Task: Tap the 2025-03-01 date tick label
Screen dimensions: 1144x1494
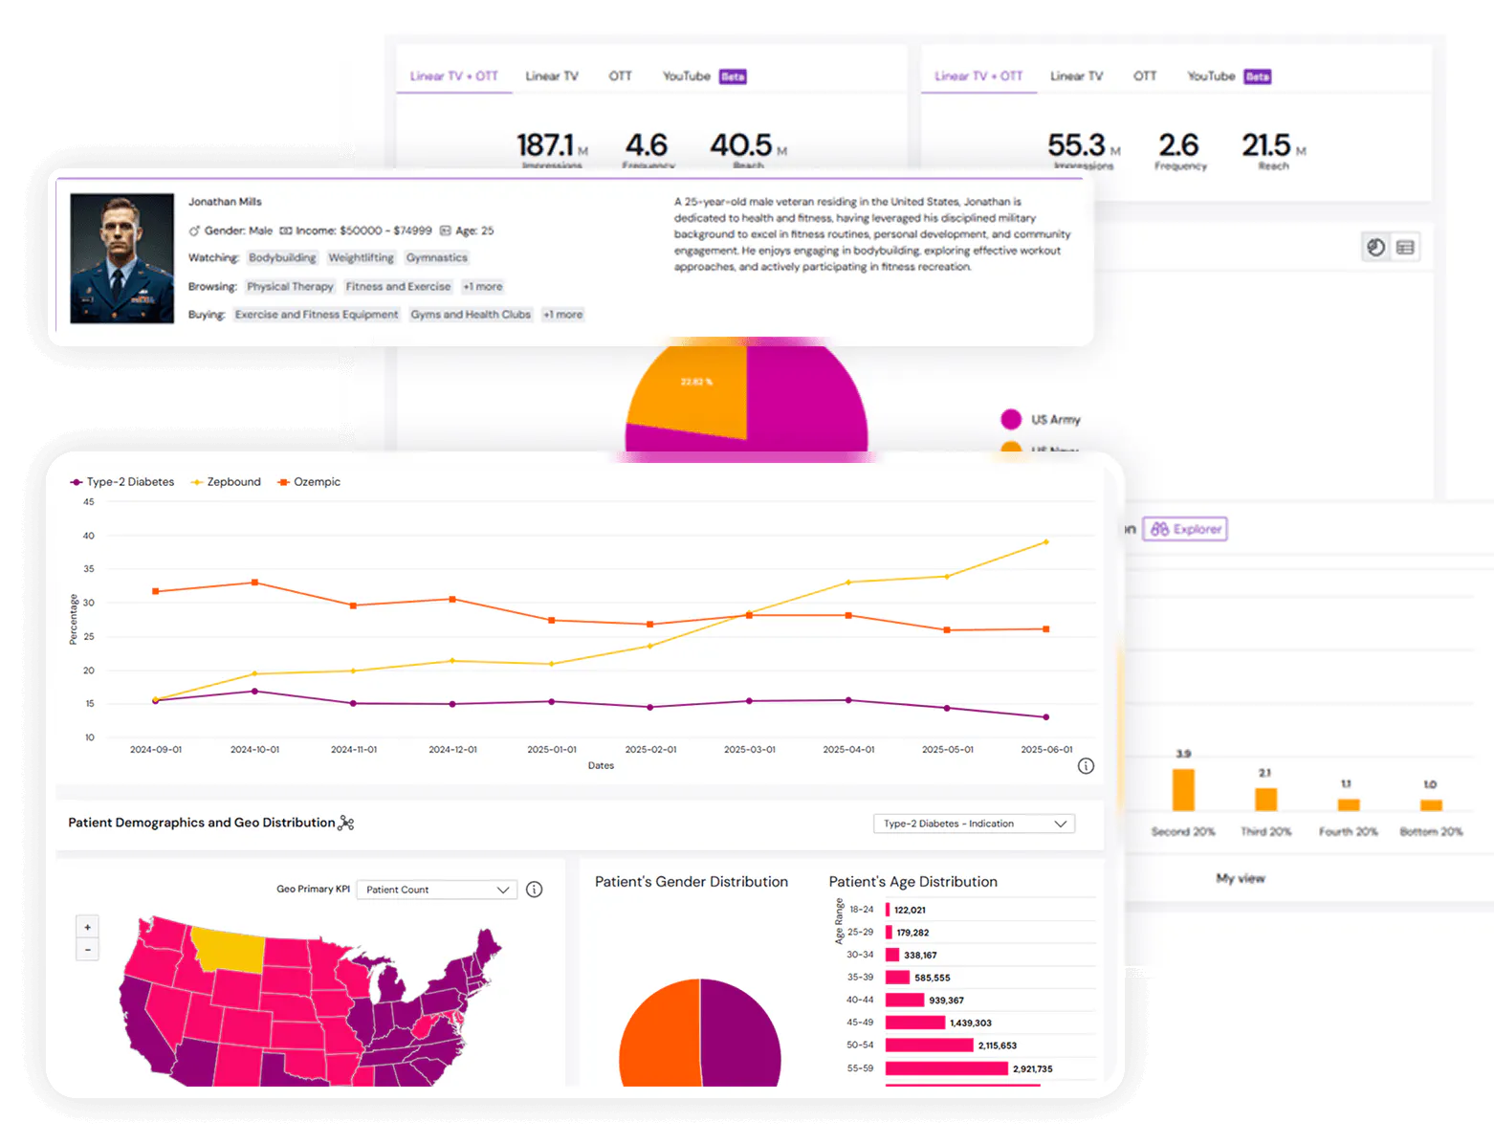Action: click(x=749, y=750)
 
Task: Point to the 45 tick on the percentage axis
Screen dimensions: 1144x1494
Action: click(x=89, y=502)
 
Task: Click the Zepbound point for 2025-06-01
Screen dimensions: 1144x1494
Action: click(x=1045, y=542)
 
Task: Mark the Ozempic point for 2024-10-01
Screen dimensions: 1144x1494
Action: click(x=254, y=583)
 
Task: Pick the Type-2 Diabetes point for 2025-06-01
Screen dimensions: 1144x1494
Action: click(x=1045, y=717)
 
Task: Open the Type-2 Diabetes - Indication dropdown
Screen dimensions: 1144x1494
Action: click(x=974, y=824)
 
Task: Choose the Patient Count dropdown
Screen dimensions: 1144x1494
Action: click(x=436, y=890)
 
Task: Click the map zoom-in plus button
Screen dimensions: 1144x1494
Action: click(x=88, y=927)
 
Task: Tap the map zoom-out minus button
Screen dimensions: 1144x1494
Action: click(x=88, y=950)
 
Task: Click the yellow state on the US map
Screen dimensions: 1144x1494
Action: click(x=227, y=947)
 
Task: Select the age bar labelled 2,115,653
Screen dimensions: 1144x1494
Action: click(x=929, y=1045)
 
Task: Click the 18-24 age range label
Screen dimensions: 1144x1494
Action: click(x=861, y=910)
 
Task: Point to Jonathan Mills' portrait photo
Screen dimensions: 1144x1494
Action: click(x=122, y=258)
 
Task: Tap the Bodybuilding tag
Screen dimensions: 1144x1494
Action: click(x=282, y=258)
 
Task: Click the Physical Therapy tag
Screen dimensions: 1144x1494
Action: click(x=290, y=287)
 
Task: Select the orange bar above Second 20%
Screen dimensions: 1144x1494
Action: click(x=1183, y=790)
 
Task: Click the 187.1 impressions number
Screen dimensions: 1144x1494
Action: click(x=545, y=145)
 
